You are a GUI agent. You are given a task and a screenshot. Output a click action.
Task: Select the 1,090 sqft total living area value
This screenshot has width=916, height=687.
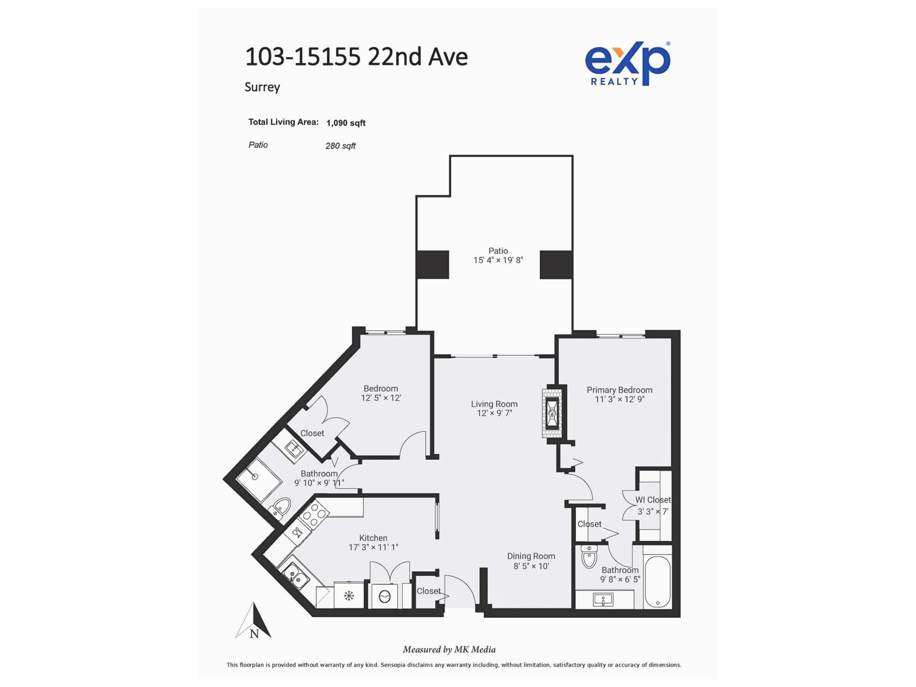pos(346,123)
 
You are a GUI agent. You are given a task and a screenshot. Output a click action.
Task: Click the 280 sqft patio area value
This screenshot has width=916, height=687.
pos(341,146)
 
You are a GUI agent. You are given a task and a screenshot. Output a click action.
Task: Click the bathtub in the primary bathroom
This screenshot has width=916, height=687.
pos(657,582)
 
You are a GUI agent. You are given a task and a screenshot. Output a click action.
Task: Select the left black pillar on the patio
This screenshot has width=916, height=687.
pos(432,264)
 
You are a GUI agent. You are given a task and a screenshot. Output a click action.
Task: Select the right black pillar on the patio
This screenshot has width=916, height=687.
pos(556,264)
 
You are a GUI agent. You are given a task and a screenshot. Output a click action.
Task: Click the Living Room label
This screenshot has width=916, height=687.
pos(494,404)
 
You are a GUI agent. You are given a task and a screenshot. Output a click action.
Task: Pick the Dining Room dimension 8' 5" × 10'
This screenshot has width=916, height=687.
pos(531,566)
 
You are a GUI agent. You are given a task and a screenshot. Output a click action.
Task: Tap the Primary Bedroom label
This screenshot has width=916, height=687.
pos(619,390)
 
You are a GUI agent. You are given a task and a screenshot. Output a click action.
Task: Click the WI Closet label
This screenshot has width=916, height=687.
pos(653,500)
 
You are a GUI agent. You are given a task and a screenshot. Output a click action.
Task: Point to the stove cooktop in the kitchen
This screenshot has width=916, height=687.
pos(313,515)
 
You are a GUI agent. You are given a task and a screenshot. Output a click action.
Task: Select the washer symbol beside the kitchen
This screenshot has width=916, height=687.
pos(385,597)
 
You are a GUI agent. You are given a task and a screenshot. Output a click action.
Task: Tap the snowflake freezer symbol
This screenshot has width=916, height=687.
pos(349,596)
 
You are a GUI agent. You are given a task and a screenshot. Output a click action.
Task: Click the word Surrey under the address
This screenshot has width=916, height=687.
pos(262,87)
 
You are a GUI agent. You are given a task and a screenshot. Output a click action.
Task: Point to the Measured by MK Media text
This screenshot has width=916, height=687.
pos(449,649)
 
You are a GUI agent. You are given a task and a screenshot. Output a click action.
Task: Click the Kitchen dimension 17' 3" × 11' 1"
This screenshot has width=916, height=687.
pos(373,547)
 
